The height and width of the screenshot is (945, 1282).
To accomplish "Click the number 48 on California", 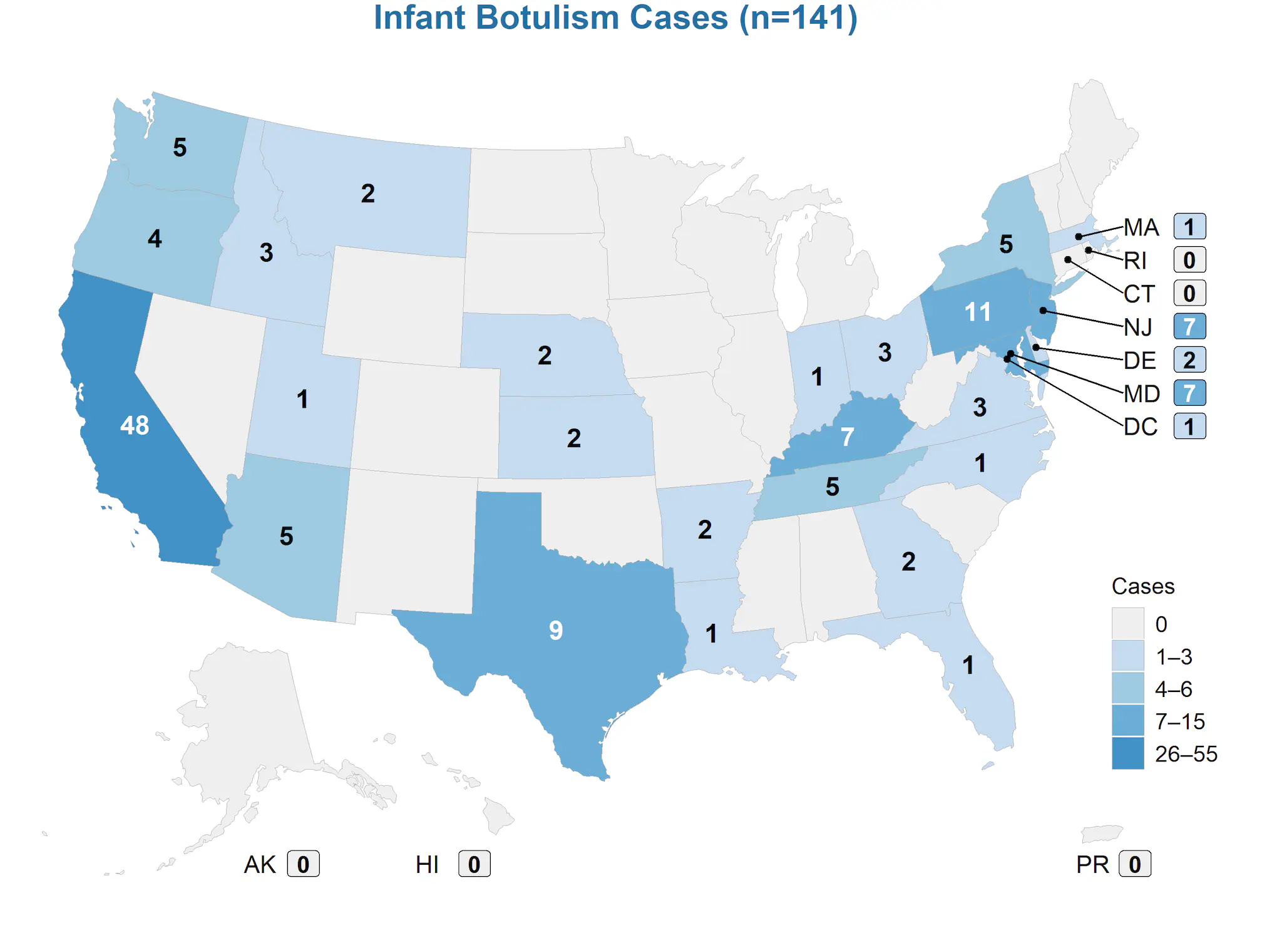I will (x=135, y=426).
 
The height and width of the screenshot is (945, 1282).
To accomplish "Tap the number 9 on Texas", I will (x=556, y=631).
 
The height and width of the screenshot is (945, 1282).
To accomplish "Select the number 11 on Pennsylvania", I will (x=978, y=312).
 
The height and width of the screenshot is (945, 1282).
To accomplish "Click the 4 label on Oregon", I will (x=155, y=239).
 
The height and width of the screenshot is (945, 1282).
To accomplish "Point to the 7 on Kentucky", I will (x=848, y=436).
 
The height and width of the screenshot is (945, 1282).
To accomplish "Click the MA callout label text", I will (x=1141, y=227).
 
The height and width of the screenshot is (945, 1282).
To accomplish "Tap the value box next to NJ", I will (x=1189, y=326).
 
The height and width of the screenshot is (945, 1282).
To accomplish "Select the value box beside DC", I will (x=1189, y=426).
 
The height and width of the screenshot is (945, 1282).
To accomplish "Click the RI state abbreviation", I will (x=1135, y=261).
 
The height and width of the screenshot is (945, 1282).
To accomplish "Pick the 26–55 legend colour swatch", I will (x=1127, y=753).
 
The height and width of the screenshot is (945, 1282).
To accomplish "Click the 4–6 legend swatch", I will (x=1127, y=689).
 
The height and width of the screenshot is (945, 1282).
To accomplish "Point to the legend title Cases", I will (x=1143, y=586).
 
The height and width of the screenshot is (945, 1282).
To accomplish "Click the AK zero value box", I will (x=304, y=864).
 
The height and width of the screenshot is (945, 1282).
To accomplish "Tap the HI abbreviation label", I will (x=427, y=864).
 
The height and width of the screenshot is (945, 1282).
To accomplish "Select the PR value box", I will (x=1135, y=864).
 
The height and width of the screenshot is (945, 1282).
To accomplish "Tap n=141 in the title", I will (x=798, y=18).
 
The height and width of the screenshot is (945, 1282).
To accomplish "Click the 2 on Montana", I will (x=368, y=194).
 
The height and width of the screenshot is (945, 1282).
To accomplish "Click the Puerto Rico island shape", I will (x=1101, y=834).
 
